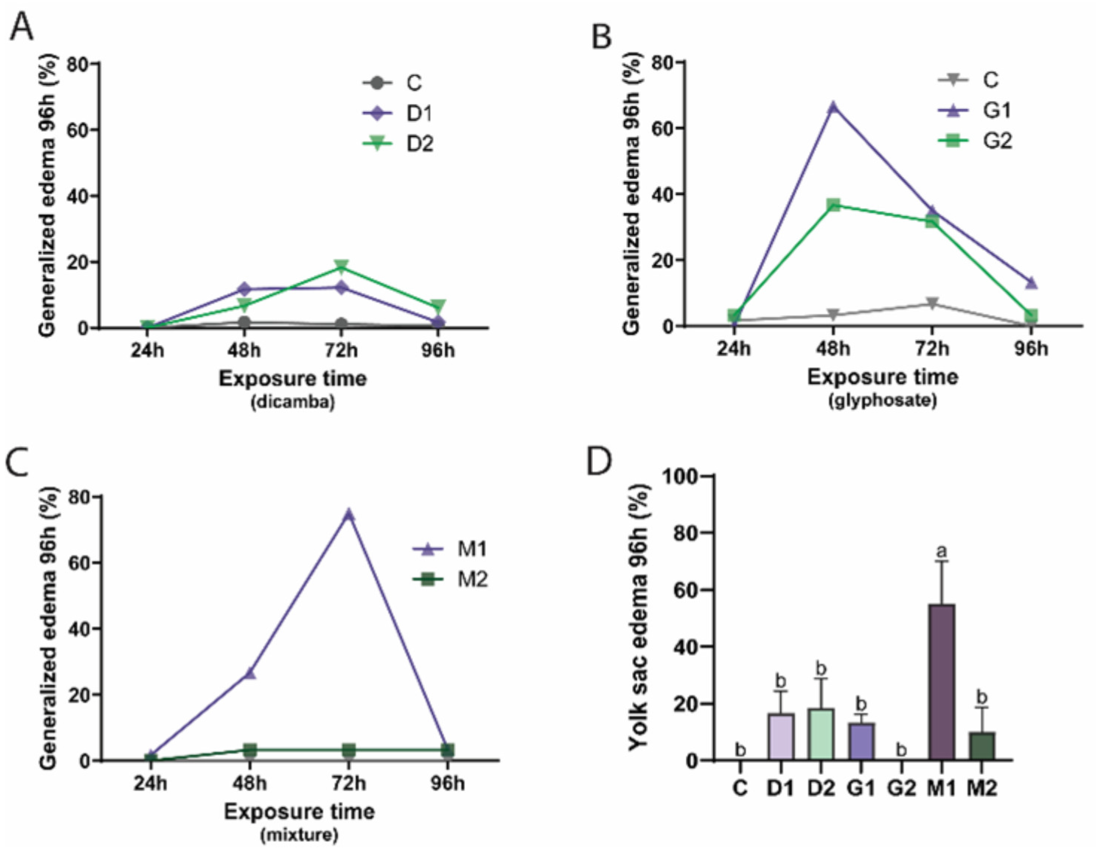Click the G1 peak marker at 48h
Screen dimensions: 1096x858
click(833, 107)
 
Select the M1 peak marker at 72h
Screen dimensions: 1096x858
click(348, 515)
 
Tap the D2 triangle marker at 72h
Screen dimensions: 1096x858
click(342, 266)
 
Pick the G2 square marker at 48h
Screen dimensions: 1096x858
click(833, 204)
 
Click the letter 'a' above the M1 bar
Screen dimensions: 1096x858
click(942, 552)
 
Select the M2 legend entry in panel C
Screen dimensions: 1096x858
click(450, 580)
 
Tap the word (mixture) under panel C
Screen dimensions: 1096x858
click(299, 835)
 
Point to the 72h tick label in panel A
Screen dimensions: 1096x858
click(341, 350)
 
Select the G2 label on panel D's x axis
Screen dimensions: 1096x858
click(901, 789)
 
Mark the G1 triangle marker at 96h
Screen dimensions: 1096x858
click(1031, 283)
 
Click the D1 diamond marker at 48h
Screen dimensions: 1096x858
click(244, 289)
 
